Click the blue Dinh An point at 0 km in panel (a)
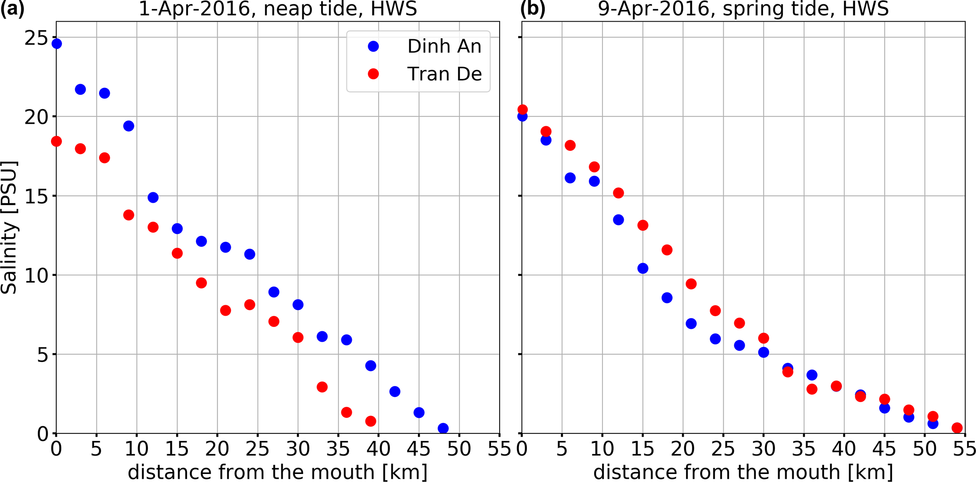point(57,44)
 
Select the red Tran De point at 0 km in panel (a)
point(56,141)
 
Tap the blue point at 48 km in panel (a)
point(443,429)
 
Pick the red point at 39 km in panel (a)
point(371,421)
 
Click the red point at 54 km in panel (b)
point(957,428)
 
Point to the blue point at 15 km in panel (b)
point(643,268)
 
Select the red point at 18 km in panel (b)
point(667,250)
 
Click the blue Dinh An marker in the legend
point(373,46)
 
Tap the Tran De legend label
point(444,74)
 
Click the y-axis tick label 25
point(36,38)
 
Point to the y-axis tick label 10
point(36,275)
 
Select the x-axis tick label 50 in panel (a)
point(459,448)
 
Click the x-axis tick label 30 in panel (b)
point(764,448)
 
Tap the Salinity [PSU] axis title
point(9,228)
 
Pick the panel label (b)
point(533,9)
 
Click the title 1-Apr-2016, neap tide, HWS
point(278,9)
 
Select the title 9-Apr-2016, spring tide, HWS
point(744,9)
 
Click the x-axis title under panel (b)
point(743,472)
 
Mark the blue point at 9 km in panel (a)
point(129,126)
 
